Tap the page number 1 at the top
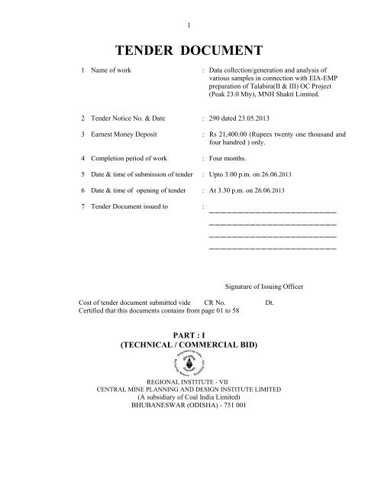coord(189,8)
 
